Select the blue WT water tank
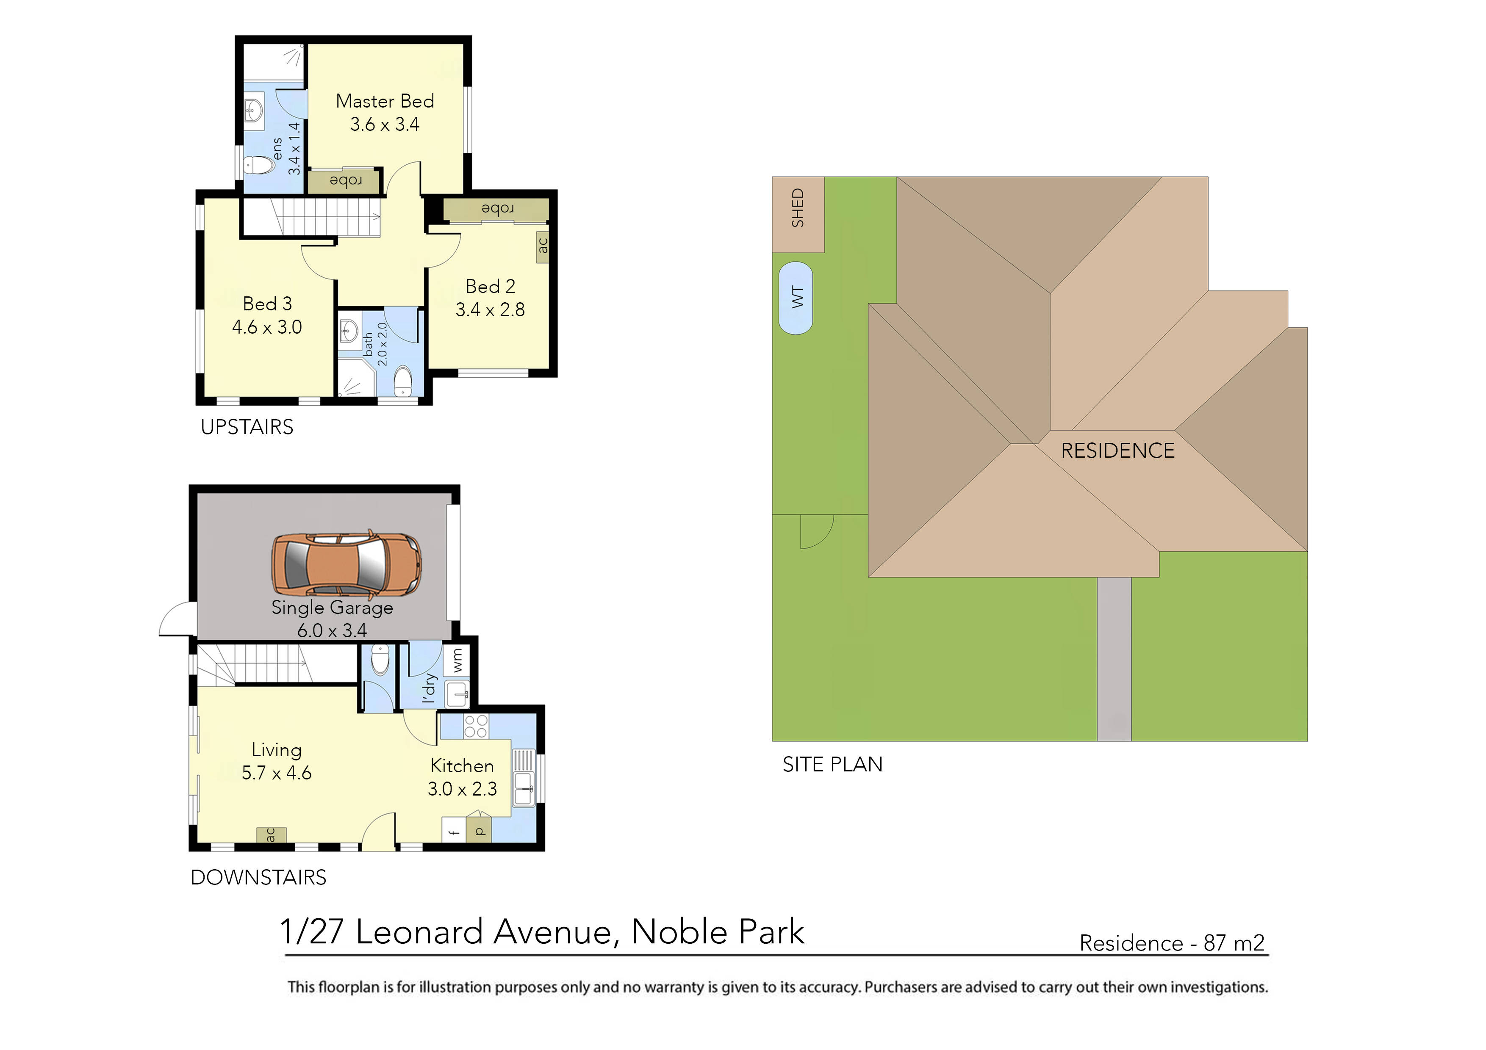tap(796, 298)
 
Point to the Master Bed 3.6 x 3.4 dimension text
tap(385, 124)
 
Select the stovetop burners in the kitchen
tap(477, 726)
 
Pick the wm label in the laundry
tap(457, 660)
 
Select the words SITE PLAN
tap(832, 764)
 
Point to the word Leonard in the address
tap(419, 932)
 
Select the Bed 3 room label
tap(267, 304)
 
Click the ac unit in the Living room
tap(271, 834)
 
